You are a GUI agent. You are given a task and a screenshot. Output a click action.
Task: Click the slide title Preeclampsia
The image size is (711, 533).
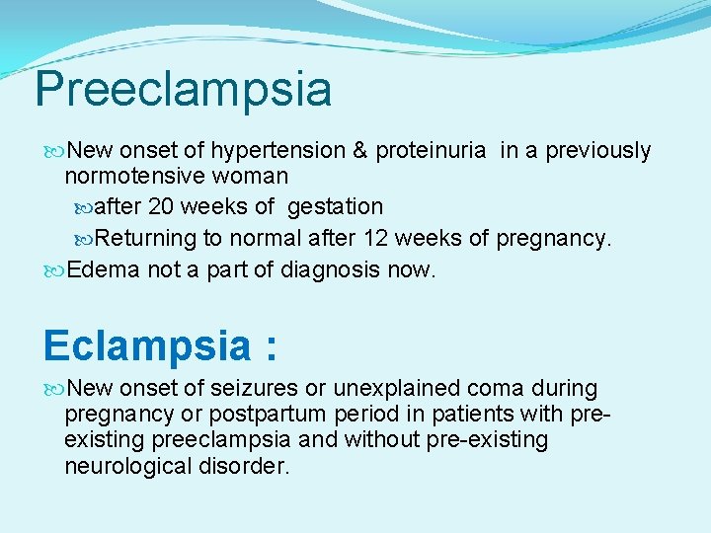(x=183, y=89)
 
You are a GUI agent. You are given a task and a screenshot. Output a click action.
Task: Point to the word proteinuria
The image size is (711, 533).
(x=431, y=151)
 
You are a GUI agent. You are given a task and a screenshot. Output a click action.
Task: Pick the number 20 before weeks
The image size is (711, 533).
(x=161, y=207)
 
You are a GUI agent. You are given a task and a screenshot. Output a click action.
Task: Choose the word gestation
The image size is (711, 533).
(x=335, y=207)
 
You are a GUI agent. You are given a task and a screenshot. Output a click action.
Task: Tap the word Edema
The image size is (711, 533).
(x=103, y=268)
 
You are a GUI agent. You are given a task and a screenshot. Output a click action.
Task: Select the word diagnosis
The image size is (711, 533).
(x=332, y=268)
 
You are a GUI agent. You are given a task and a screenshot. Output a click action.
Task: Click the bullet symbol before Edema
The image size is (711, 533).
(x=54, y=269)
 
